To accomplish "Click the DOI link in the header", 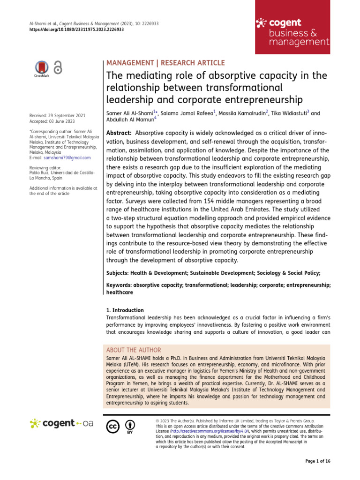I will tap(77, 29).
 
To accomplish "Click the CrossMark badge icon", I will tap(42, 68).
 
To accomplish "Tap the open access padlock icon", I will tap(58, 68).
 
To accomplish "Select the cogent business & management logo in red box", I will tap(292, 32).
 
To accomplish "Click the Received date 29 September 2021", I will tap(57, 115).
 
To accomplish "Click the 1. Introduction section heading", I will tap(125, 310).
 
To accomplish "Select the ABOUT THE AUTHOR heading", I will tap(134, 350).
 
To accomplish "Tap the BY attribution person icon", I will tap(130, 425).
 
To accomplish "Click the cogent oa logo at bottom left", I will tap(61, 423).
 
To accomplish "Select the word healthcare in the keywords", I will tap(120, 292).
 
